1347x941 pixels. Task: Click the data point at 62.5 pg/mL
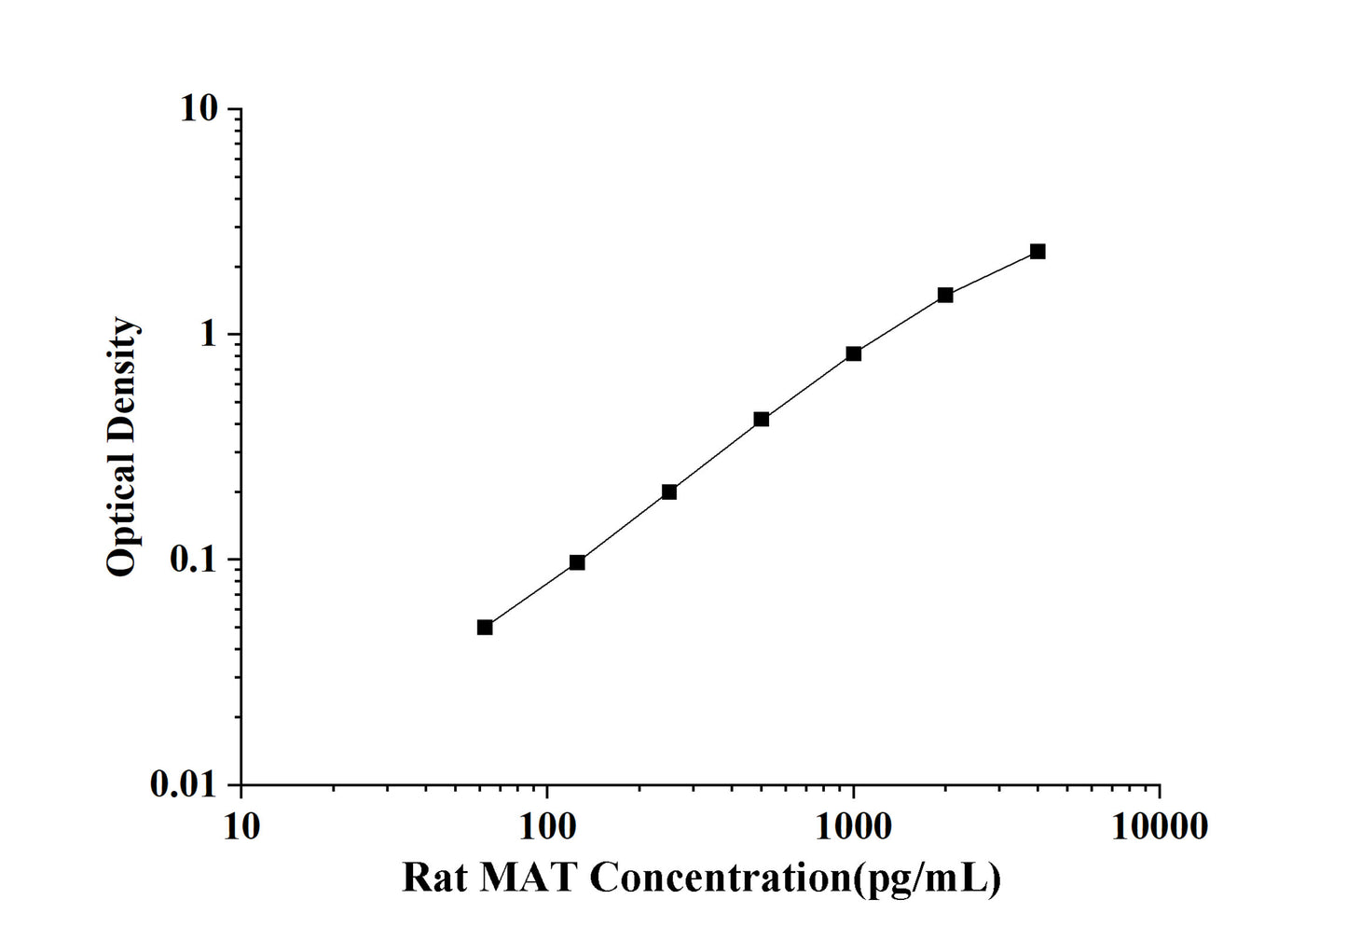tap(485, 627)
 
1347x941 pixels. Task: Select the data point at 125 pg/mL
tap(577, 562)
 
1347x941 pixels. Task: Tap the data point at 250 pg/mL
tap(669, 491)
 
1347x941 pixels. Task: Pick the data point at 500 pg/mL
tap(762, 420)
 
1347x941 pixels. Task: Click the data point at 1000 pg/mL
tap(853, 353)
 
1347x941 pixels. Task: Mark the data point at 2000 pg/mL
tap(945, 295)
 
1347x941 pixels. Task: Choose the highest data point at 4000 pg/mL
tap(1038, 252)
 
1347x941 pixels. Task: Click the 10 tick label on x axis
tap(241, 825)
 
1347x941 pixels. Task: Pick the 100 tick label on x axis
tap(547, 825)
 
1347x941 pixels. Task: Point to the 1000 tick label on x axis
tap(853, 825)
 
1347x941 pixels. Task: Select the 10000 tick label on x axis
tap(1160, 825)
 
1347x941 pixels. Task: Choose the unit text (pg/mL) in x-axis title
tap(928, 878)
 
